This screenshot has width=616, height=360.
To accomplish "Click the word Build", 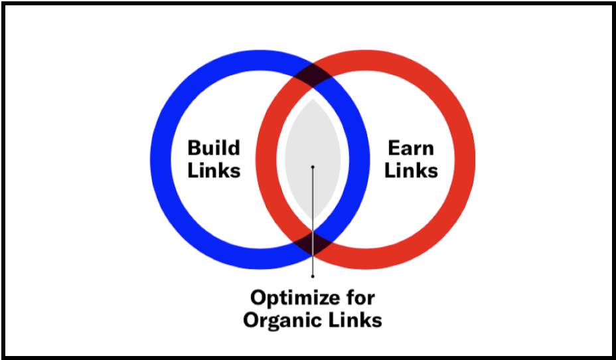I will [214, 147].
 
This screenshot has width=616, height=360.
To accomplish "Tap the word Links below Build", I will [214, 170].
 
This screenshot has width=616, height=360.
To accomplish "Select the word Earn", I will [412, 147].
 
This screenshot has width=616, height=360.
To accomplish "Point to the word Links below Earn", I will [412, 170].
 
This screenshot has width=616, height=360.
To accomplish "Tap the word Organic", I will [287, 320].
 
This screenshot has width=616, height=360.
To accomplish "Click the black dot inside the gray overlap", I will [312, 167].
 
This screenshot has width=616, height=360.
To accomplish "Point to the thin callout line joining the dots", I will [312, 219].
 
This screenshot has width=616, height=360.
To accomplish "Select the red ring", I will [463, 159].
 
